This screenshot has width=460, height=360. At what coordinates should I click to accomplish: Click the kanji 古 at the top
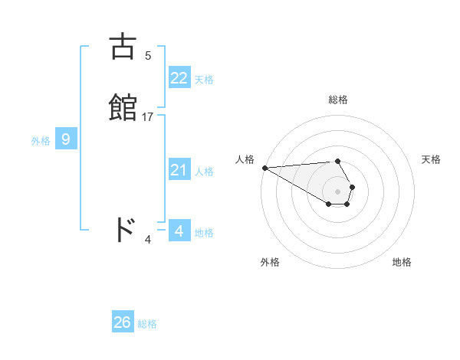[123, 47]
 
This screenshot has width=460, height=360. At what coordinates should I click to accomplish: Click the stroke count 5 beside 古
[148, 56]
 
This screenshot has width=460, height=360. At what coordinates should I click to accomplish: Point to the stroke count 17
[148, 117]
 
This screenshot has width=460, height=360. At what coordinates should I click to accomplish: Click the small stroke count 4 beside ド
[148, 240]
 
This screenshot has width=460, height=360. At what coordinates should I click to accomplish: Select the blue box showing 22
[179, 78]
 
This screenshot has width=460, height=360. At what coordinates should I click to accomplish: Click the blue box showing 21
[179, 170]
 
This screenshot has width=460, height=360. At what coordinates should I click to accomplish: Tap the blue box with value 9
[66, 139]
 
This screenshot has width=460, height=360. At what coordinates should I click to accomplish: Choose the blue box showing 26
[123, 322]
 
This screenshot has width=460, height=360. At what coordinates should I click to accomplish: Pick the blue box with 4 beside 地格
[179, 231]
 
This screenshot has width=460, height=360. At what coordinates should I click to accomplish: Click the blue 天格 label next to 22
[204, 80]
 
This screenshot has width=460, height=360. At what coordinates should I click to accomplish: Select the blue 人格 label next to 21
[204, 172]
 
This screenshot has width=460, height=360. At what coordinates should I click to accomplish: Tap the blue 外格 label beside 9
[41, 141]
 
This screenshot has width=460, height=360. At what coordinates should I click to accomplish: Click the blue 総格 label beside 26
[147, 324]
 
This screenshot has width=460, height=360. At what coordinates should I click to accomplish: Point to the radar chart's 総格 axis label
[338, 100]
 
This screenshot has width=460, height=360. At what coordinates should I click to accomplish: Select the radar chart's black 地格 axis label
[402, 262]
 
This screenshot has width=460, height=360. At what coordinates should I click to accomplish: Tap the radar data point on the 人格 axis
[264, 168]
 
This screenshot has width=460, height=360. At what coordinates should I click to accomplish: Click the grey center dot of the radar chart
[338, 191]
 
